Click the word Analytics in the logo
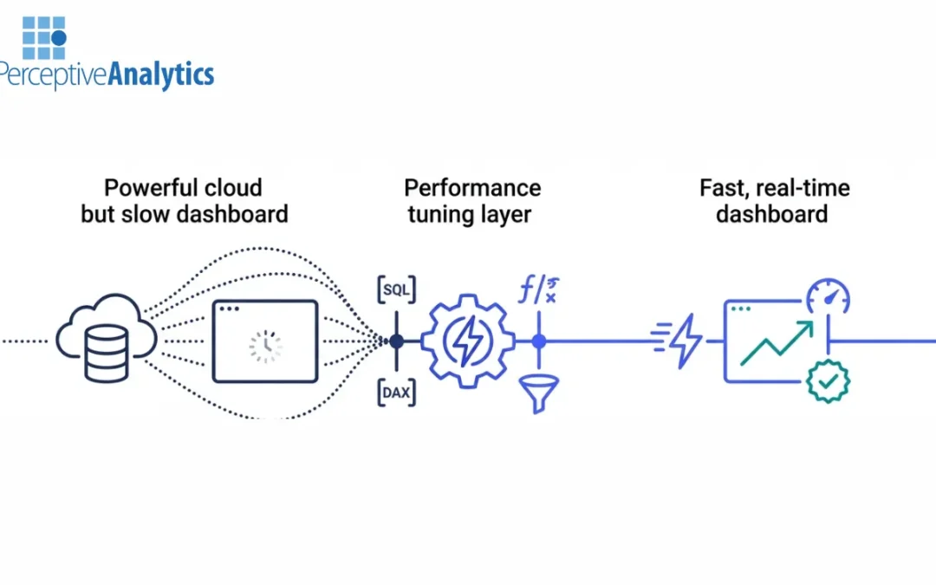coord(160,75)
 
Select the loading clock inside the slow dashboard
coord(265,345)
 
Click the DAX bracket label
coord(397,393)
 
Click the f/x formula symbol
coord(538,290)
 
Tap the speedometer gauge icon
coord(828,296)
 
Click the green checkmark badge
coord(828,381)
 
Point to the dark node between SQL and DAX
coord(397,341)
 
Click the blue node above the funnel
coord(539,341)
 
